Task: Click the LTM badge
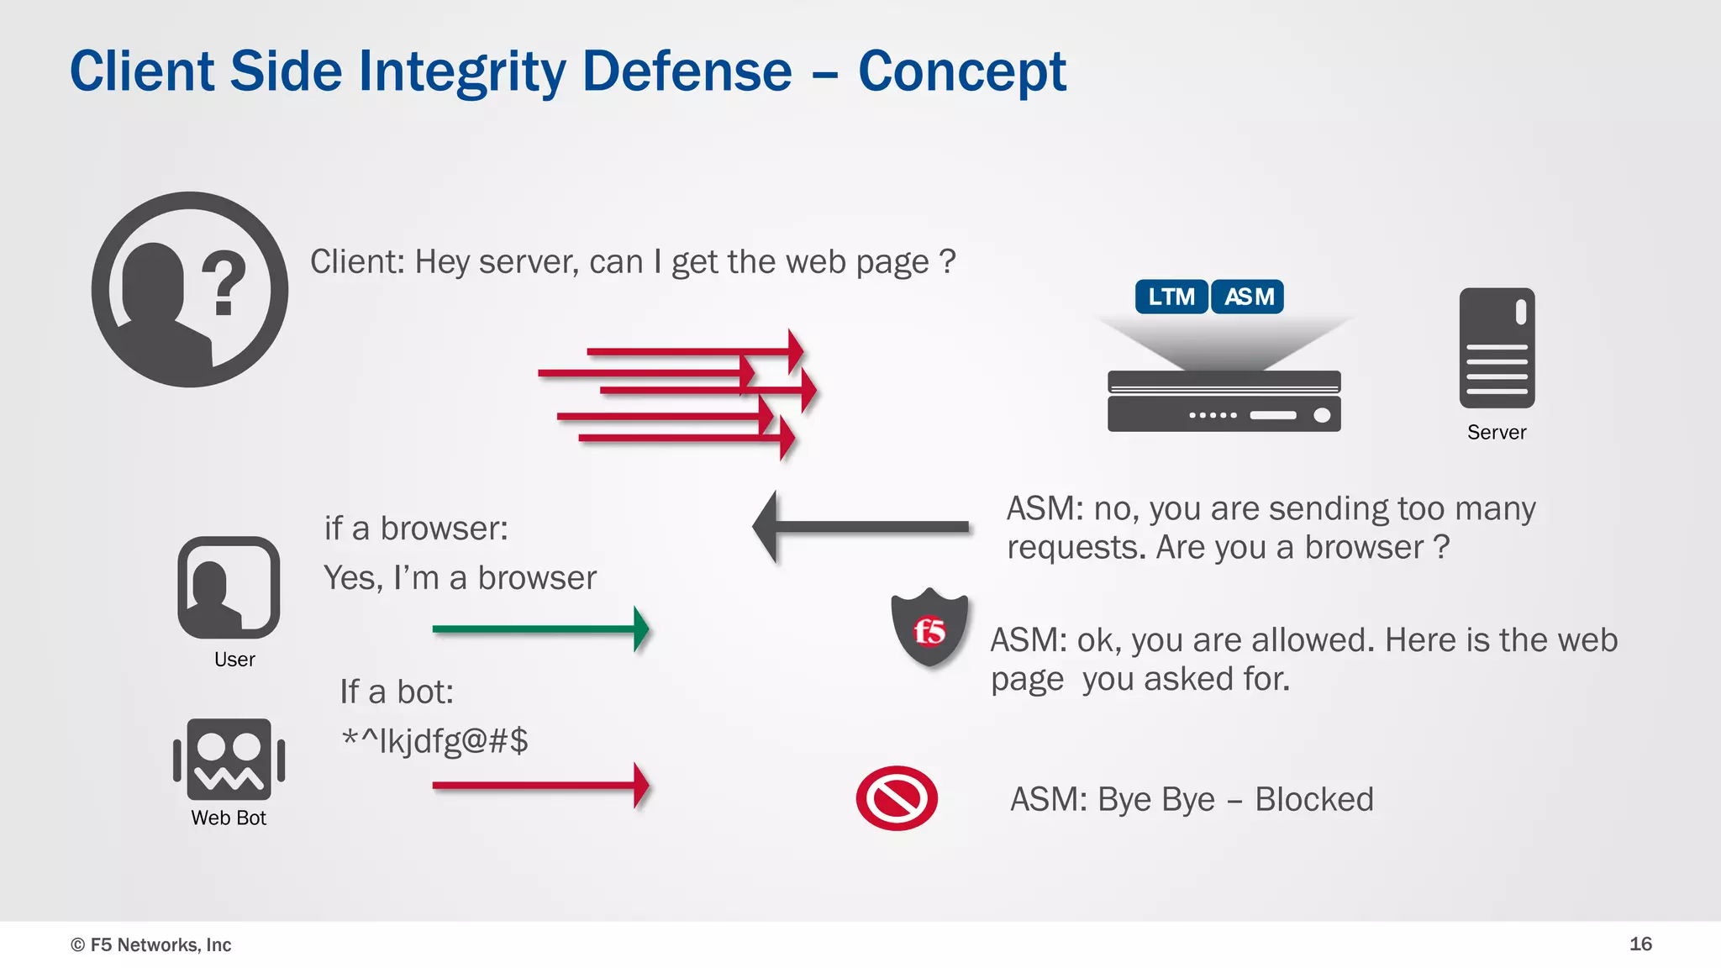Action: [x=1171, y=297]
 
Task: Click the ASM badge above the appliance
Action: [x=1248, y=297]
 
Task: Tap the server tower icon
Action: [x=1497, y=348]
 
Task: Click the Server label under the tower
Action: [x=1497, y=432]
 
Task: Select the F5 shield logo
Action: [x=929, y=629]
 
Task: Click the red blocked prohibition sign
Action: [x=897, y=797]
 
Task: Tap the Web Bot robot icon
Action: [x=229, y=759]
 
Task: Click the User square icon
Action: [x=229, y=587]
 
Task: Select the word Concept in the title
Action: [x=961, y=71]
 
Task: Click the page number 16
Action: [x=1640, y=944]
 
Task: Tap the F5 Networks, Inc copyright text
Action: [x=151, y=944]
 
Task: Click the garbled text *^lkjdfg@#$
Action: [x=434, y=741]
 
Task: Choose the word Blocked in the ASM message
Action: [x=1313, y=799]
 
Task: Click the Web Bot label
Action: [x=229, y=818]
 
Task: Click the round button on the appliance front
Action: [x=1322, y=415]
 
